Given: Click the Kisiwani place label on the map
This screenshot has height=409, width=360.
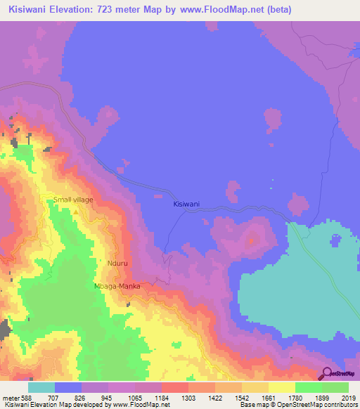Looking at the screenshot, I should [x=186, y=204].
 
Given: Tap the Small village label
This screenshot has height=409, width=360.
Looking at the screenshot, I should [x=73, y=200].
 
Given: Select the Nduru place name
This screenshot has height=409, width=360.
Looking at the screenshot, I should [x=118, y=264].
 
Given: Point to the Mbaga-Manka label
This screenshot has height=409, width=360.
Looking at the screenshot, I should [x=117, y=287].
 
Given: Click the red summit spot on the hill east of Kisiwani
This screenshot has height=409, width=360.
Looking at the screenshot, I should [x=251, y=241].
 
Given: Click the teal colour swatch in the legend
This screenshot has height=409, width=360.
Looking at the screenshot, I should [x=41, y=387].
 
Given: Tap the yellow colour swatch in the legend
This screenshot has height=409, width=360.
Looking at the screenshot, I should [x=281, y=387].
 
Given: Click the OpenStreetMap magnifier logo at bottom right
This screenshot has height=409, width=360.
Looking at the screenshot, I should [x=326, y=374].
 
